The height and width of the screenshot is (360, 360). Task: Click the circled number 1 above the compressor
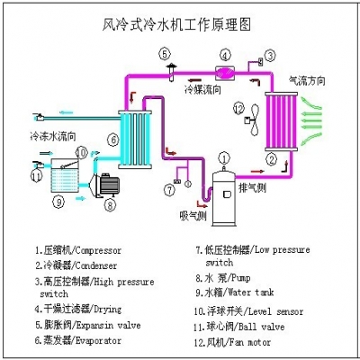[x=220, y=156]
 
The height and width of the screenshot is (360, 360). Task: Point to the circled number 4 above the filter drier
[x=224, y=55]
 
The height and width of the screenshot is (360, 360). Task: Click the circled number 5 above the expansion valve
[x=166, y=53]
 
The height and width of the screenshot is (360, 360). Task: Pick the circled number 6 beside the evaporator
[x=112, y=139]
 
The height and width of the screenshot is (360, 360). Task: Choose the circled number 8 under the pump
[x=110, y=205]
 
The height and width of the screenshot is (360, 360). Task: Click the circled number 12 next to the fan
[x=238, y=109]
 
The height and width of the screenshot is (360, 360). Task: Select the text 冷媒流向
[x=202, y=90]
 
